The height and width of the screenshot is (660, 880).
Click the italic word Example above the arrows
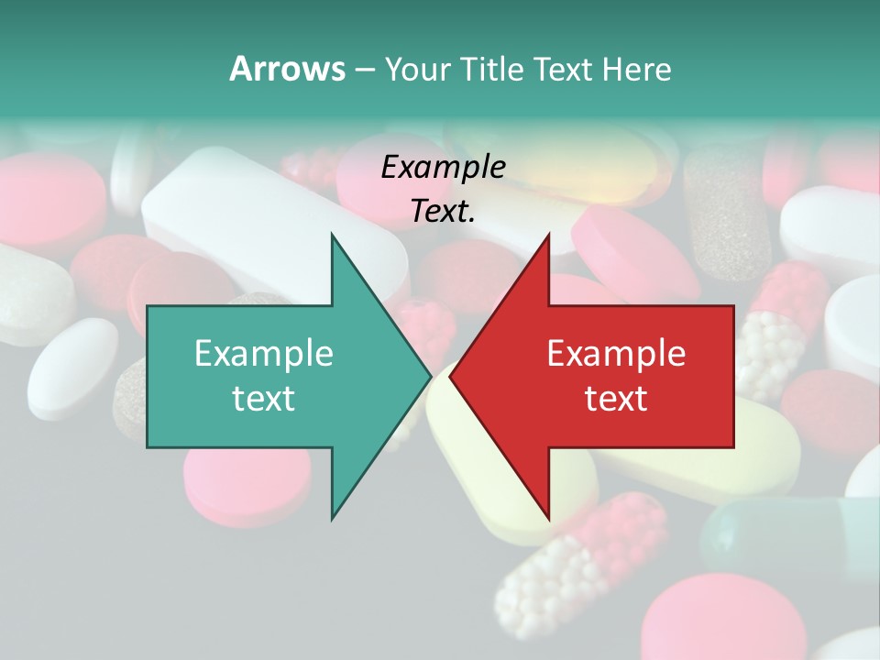pos(443,168)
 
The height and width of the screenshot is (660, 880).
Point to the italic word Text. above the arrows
pos(443,212)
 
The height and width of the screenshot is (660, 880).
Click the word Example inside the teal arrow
pos(264,353)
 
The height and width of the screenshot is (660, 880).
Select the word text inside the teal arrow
pos(264,399)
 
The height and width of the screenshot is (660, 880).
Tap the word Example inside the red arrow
pos(616,353)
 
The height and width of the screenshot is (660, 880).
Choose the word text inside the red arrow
pos(616,399)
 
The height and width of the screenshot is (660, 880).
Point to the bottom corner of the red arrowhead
pos(549,519)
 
